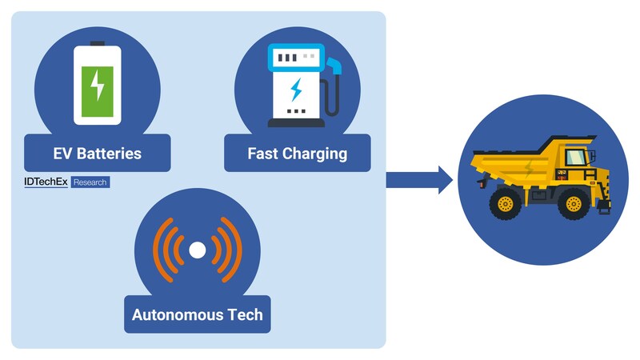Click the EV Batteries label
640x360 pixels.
[x=97, y=153]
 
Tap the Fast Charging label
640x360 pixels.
[x=298, y=153]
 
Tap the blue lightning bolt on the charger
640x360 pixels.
[x=296, y=87]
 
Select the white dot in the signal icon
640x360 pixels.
[x=197, y=250]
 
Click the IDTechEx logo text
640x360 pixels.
[x=46, y=182]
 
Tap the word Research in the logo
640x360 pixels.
[x=90, y=182]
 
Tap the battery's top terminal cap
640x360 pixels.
[x=98, y=42]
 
